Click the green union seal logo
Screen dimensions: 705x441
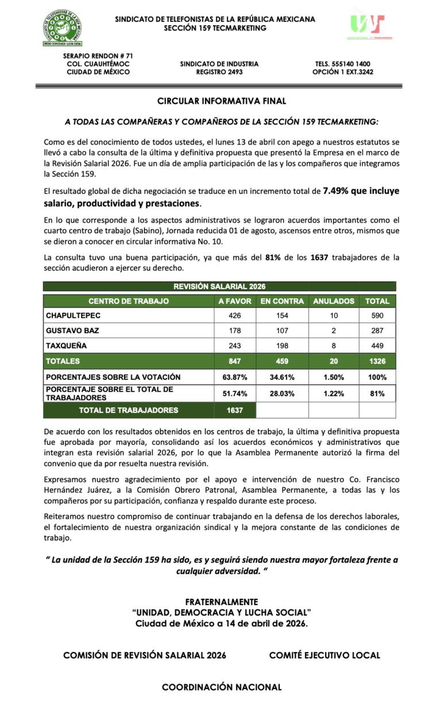pyautogui.click(x=63, y=28)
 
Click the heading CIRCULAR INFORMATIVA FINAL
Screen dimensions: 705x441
pyautogui.click(x=222, y=102)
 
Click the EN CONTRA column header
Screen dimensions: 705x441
pyautogui.click(x=281, y=301)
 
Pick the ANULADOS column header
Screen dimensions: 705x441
pyautogui.click(x=334, y=301)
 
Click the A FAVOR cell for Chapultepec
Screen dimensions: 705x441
pyautogui.click(x=234, y=316)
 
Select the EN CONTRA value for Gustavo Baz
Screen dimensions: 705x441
pyautogui.click(x=281, y=331)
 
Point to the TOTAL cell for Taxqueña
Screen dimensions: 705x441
pyautogui.click(x=377, y=346)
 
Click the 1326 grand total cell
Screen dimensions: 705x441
pyautogui.click(x=377, y=361)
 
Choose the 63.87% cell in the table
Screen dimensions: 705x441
pyautogui.click(x=234, y=377)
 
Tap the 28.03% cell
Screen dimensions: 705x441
pyautogui.click(x=281, y=394)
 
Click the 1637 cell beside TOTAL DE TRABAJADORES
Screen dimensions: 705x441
pyautogui.click(x=234, y=410)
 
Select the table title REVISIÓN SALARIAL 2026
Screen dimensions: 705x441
pyautogui.click(x=219, y=286)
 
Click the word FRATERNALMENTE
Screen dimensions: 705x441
pyautogui.click(x=222, y=602)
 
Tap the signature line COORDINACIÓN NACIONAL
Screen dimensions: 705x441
pyautogui.click(x=222, y=687)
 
